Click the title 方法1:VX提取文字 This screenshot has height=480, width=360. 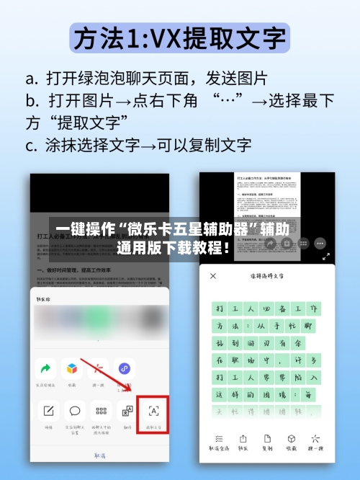pyautogui.click(x=180, y=37)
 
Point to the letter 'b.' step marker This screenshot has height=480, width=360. pyautogui.click(x=31, y=100)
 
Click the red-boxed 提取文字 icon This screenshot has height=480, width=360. pyautogui.click(x=153, y=412)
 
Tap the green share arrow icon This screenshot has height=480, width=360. pyautogui.click(x=46, y=369)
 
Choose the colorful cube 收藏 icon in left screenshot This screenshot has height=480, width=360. pyautogui.click(x=72, y=369)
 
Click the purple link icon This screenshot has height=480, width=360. pyautogui.click(x=125, y=369)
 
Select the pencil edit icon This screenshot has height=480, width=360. pyautogui.click(x=48, y=412)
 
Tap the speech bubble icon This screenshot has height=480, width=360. pyautogui.click(x=74, y=412)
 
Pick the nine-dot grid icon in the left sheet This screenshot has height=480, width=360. pyautogui.click(x=101, y=412)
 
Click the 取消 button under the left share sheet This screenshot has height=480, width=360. pyautogui.click(x=100, y=455)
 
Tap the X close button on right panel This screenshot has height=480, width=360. pyautogui.click(x=212, y=276)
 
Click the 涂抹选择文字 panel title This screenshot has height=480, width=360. pyautogui.click(x=267, y=276)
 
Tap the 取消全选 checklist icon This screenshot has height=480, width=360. pyautogui.click(x=217, y=439)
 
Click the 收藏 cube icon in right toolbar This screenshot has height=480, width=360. pyautogui.click(x=292, y=439)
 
